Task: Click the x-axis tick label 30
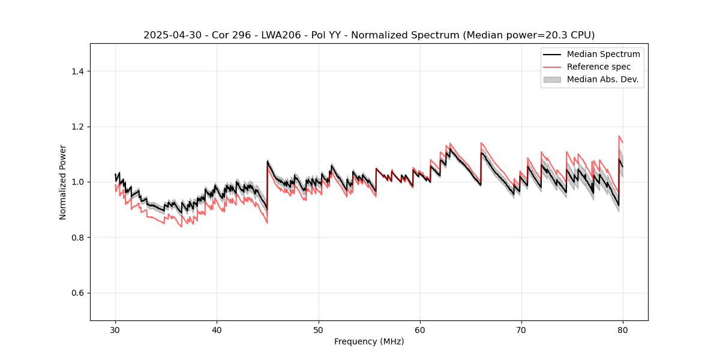(x=116, y=330)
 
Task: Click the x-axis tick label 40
(x=217, y=330)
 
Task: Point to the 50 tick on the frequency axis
(x=319, y=330)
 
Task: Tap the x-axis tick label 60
(x=420, y=330)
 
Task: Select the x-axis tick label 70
(x=521, y=330)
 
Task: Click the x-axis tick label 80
(x=623, y=330)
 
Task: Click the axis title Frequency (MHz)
(x=369, y=341)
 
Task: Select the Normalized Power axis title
(x=63, y=182)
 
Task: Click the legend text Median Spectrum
(x=603, y=54)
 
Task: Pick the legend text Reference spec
(x=599, y=67)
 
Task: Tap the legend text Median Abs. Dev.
(x=602, y=79)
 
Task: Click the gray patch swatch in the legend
(x=552, y=79)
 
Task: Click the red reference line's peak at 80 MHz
(x=619, y=136)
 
